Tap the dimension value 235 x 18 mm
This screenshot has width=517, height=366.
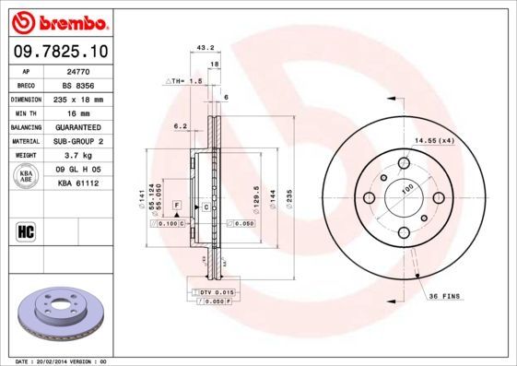[x=76, y=98]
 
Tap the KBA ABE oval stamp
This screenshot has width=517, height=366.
[x=27, y=178]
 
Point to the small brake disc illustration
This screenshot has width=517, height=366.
[x=59, y=313]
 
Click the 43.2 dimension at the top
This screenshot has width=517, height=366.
[x=206, y=47]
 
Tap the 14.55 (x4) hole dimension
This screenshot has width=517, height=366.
[x=435, y=139]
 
